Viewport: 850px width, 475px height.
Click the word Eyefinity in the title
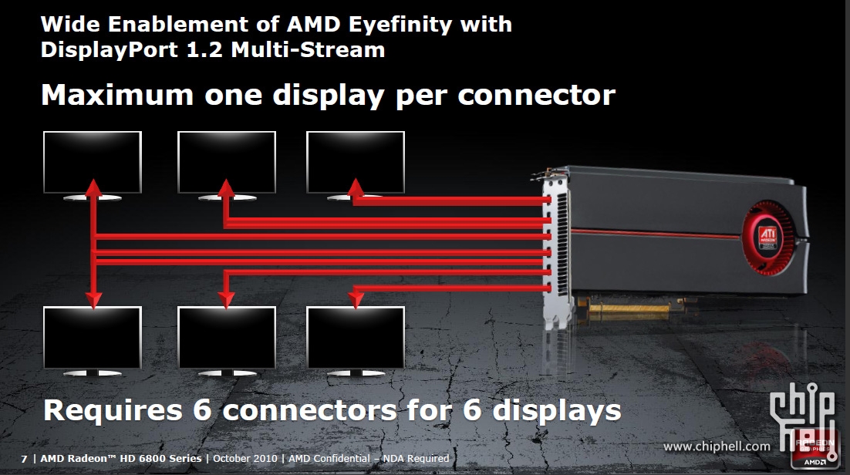(x=400, y=25)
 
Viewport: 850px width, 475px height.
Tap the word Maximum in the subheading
(x=117, y=95)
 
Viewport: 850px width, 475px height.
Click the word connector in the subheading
(x=537, y=96)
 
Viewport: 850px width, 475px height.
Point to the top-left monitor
(x=92, y=165)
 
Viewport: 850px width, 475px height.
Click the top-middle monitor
(x=227, y=165)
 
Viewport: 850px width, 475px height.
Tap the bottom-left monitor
(x=92, y=341)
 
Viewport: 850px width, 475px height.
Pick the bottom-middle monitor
(x=227, y=341)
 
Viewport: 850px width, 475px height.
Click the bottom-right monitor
(x=356, y=341)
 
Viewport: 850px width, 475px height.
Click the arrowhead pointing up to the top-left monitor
(x=94, y=187)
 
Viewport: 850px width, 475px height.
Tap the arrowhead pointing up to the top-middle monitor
(x=226, y=187)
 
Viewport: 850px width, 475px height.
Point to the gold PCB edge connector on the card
(x=629, y=309)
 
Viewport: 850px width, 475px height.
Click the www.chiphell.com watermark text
(x=717, y=446)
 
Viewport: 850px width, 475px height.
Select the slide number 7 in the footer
(x=24, y=459)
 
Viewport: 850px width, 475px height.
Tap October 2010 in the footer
(x=245, y=459)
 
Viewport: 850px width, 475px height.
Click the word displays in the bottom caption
(x=557, y=410)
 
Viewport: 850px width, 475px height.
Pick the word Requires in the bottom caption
(x=113, y=410)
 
